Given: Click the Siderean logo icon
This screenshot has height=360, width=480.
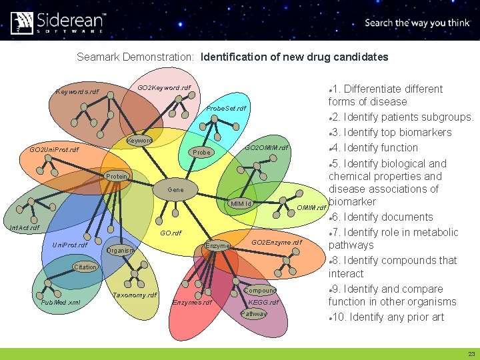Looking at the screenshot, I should [x=22, y=22].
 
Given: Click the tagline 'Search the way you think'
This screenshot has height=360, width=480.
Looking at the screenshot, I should [x=417, y=23].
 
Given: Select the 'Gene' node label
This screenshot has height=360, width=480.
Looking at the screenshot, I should [x=176, y=190].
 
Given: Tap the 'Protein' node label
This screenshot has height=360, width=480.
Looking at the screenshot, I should [x=117, y=177].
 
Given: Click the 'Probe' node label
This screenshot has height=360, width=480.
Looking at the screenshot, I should [x=201, y=153].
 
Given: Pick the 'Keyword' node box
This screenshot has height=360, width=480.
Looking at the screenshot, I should [x=140, y=141].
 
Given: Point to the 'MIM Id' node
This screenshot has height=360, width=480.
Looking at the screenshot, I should [x=240, y=203].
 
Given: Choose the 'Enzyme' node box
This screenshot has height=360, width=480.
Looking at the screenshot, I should [x=217, y=246].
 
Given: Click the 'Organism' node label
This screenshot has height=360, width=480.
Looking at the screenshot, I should [x=121, y=251].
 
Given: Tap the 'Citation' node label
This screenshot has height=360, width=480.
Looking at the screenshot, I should [x=85, y=267].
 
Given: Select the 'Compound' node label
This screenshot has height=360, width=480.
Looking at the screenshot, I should [x=260, y=291].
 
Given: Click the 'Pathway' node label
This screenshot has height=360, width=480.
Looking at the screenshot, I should [x=253, y=314].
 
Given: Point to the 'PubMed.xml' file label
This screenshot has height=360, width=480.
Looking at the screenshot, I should [x=61, y=302].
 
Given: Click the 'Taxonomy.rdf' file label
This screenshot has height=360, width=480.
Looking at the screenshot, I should [x=135, y=295].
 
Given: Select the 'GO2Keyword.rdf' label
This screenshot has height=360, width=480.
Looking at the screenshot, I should [x=164, y=88].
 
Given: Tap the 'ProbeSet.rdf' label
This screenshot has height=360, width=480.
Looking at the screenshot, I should [x=226, y=108].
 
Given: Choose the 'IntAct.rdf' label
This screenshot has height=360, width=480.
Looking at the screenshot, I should [x=24, y=228].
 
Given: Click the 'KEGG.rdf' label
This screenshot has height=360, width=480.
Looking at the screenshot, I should [x=263, y=303].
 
